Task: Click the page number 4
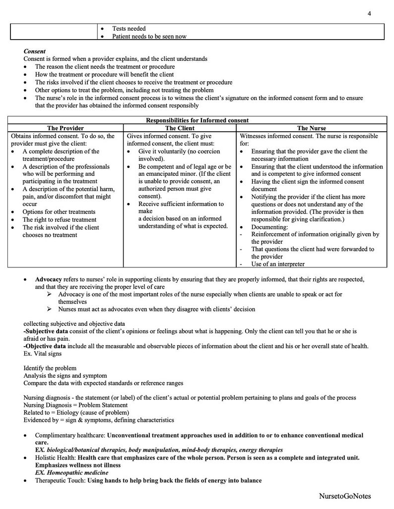(x=369, y=13)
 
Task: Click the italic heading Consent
(x=34, y=51)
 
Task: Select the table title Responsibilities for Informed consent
(x=197, y=120)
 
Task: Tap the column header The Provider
(x=66, y=128)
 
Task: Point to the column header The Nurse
(x=312, y=128)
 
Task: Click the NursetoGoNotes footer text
(x=345, y=496)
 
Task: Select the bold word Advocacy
(x=48, y=280)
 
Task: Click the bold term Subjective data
(x=46, y=330)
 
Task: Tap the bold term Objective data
(x=45, y=346)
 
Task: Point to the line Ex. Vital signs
(x=44, y=354)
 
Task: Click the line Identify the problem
(x=50, y=368)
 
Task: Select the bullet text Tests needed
(x=129, y=29)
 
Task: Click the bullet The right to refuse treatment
(x=60, y=220)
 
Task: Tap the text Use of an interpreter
(x=278, y=264)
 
